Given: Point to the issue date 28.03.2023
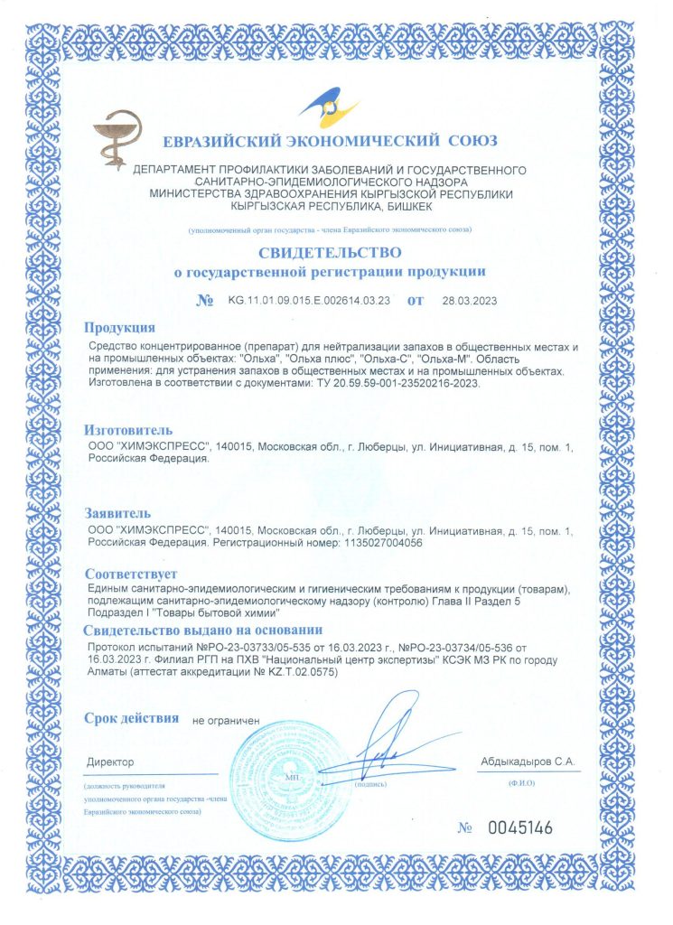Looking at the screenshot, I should [470, 301].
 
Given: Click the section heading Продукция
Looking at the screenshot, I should [119, 328].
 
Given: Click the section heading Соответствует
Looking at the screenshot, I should [131, 575].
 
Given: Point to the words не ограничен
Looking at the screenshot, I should [226, 721].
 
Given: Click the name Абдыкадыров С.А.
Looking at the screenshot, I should [528, 762].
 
